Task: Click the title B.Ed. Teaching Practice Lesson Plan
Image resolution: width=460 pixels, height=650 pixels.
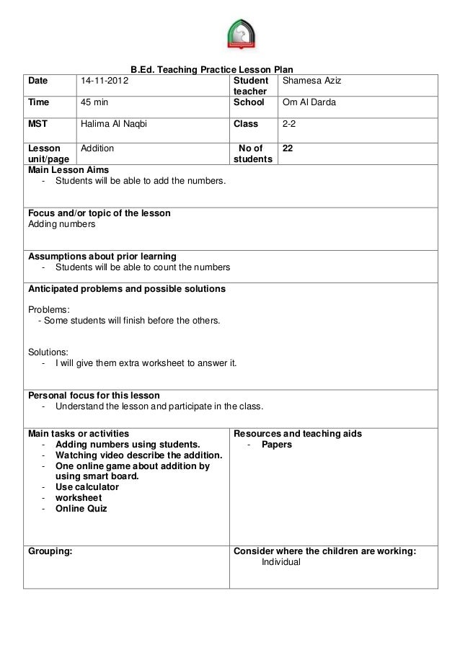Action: tap(211, 70)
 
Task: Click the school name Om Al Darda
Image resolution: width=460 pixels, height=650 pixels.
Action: tap(309, 102)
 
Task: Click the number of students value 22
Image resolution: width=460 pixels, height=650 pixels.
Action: tap(287, 148)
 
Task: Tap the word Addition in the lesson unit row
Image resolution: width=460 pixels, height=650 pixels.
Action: tap(97, 148)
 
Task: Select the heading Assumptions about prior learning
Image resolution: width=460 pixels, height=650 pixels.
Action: tap(102, 256)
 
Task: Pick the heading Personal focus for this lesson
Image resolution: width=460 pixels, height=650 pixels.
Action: tap(94, 396)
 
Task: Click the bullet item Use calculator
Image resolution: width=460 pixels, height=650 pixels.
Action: tap(87, 486)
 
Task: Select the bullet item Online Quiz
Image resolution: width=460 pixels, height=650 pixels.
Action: tap(81, 508)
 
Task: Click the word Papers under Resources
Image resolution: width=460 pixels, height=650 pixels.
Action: tap(277, 445)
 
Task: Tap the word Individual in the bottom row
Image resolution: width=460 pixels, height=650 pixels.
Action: tap(281, 563)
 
